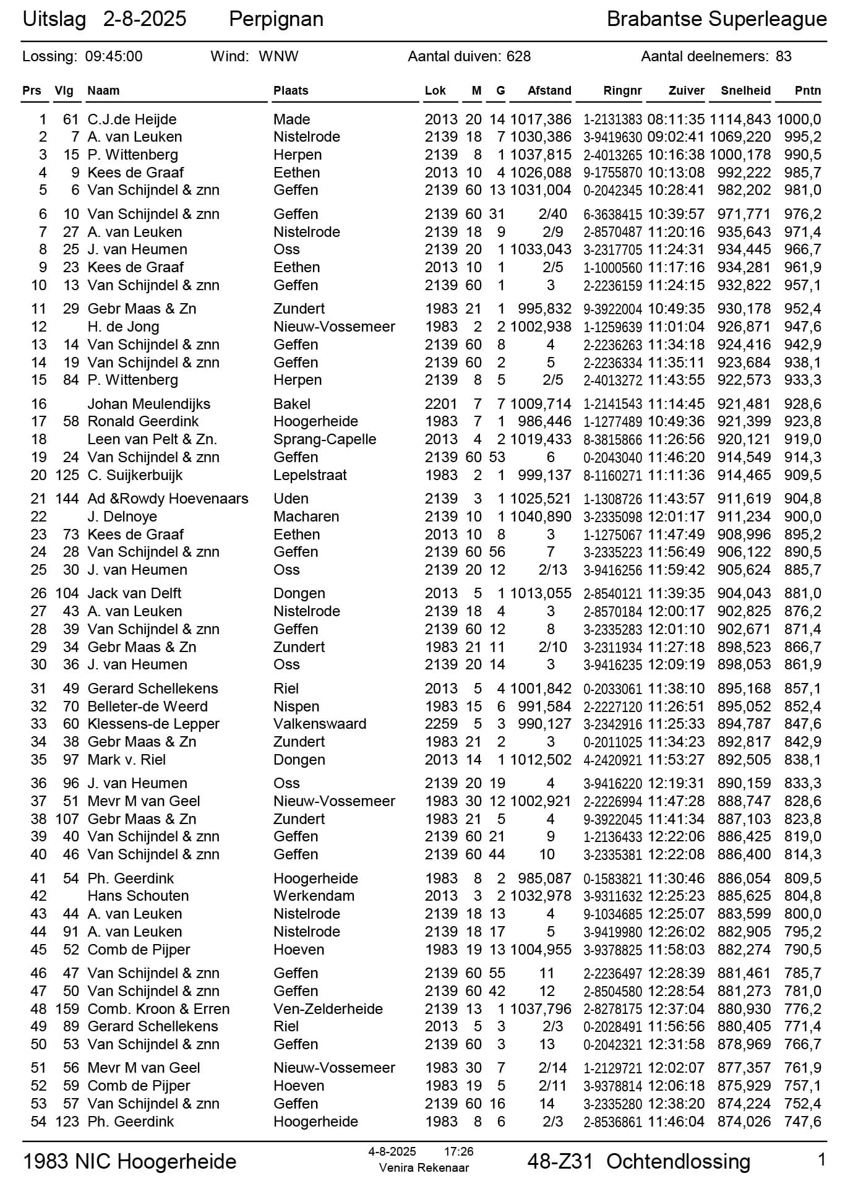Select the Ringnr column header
tap(622, 90)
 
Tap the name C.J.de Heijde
tap(132, 119)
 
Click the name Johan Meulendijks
tap(148, 404)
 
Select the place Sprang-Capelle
tap(325, 439)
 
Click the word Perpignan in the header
tap(276, 19)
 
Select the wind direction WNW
tap(278, 56)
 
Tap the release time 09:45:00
tap(114, 56)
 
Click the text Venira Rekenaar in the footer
tap(424, 1168)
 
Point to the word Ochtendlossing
tap(678, 1161)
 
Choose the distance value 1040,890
tap(541, 517)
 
